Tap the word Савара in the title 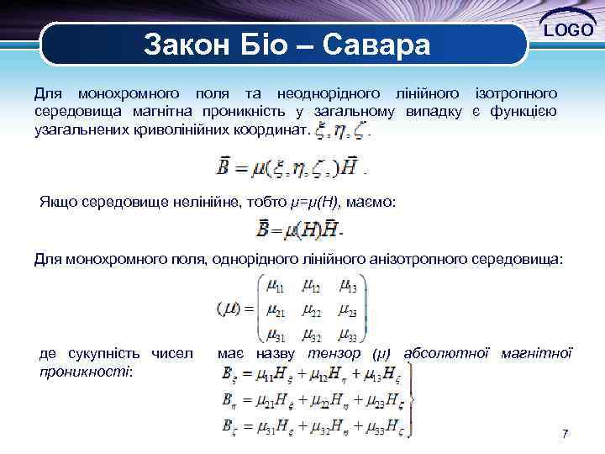[381, 43]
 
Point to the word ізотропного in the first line [515, 90]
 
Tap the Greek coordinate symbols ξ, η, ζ [339, 131]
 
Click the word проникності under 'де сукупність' [87, 371]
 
